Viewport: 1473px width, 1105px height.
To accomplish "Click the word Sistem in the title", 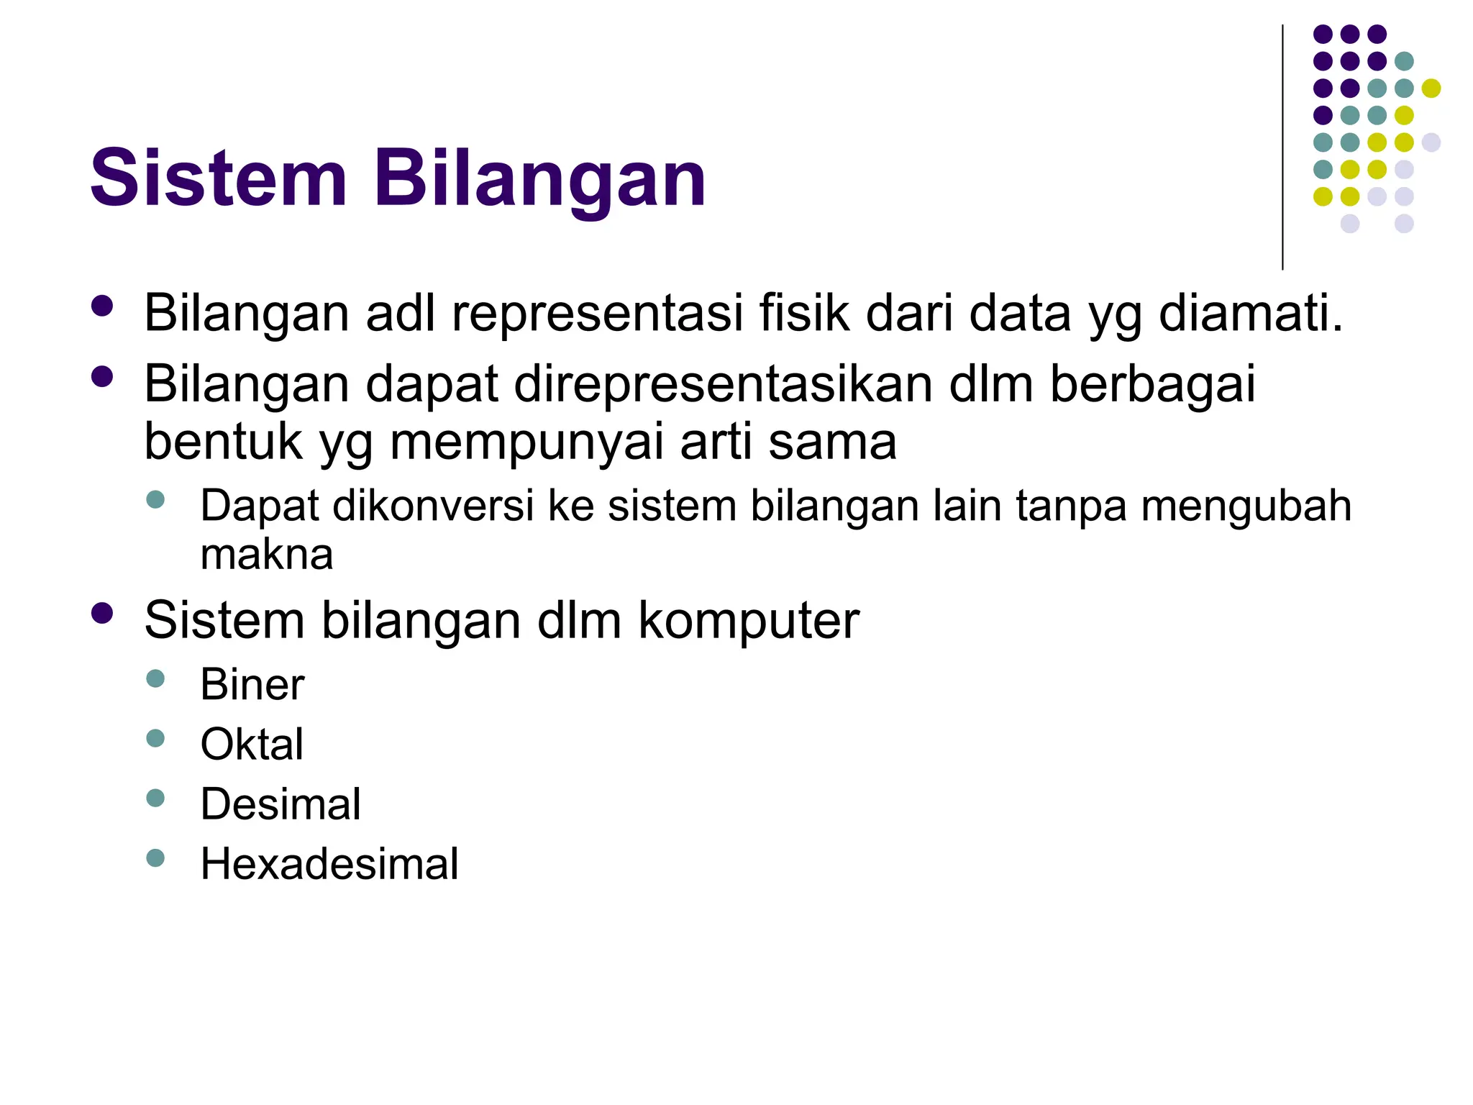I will pos(218,178).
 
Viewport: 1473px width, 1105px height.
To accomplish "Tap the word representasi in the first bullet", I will pos(597,314).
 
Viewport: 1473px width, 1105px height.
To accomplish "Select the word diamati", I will pos(1251,314).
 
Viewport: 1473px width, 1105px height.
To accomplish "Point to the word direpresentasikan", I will pos(723,384).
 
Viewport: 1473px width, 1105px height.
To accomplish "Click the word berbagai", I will pos(1152,384).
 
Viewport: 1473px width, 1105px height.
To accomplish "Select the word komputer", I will pos(749,620).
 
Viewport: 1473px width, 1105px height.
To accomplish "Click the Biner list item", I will pos(252,684).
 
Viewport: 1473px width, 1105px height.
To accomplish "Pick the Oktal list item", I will pos(252,744).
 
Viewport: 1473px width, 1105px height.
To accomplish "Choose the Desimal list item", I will pos(281,804).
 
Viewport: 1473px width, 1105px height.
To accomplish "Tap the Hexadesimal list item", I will pos(329,863).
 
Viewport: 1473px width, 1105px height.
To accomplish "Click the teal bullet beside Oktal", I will pos(155,738).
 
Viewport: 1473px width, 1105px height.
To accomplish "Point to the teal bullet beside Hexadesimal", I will pos(155,858).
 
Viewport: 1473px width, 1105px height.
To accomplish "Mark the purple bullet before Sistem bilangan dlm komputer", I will pos(102,613).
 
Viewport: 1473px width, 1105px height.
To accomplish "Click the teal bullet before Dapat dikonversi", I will pos(155,499).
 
